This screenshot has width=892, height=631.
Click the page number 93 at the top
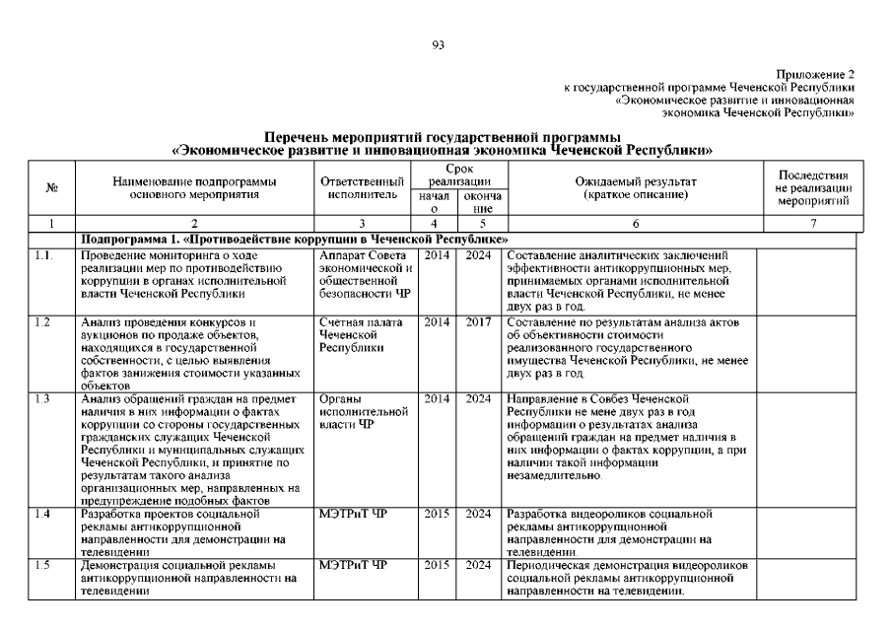click(x=440, y=43)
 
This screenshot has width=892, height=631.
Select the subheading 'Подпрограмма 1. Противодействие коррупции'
click(x=296, y=240)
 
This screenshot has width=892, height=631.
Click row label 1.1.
click(x=41, y=256)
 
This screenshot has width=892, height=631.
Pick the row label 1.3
click(x=41, y=398)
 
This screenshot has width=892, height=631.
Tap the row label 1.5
click(x=41, y=565)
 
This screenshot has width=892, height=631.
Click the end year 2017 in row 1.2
click(x=479, y=322)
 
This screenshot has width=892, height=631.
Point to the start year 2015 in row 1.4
click(x=436, y=514)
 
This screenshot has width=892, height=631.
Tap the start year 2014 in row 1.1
click(x=436, y=256)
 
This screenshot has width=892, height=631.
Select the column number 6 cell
click(x=635, y=224)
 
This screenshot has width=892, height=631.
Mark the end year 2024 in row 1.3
click(x=479, y=398)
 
